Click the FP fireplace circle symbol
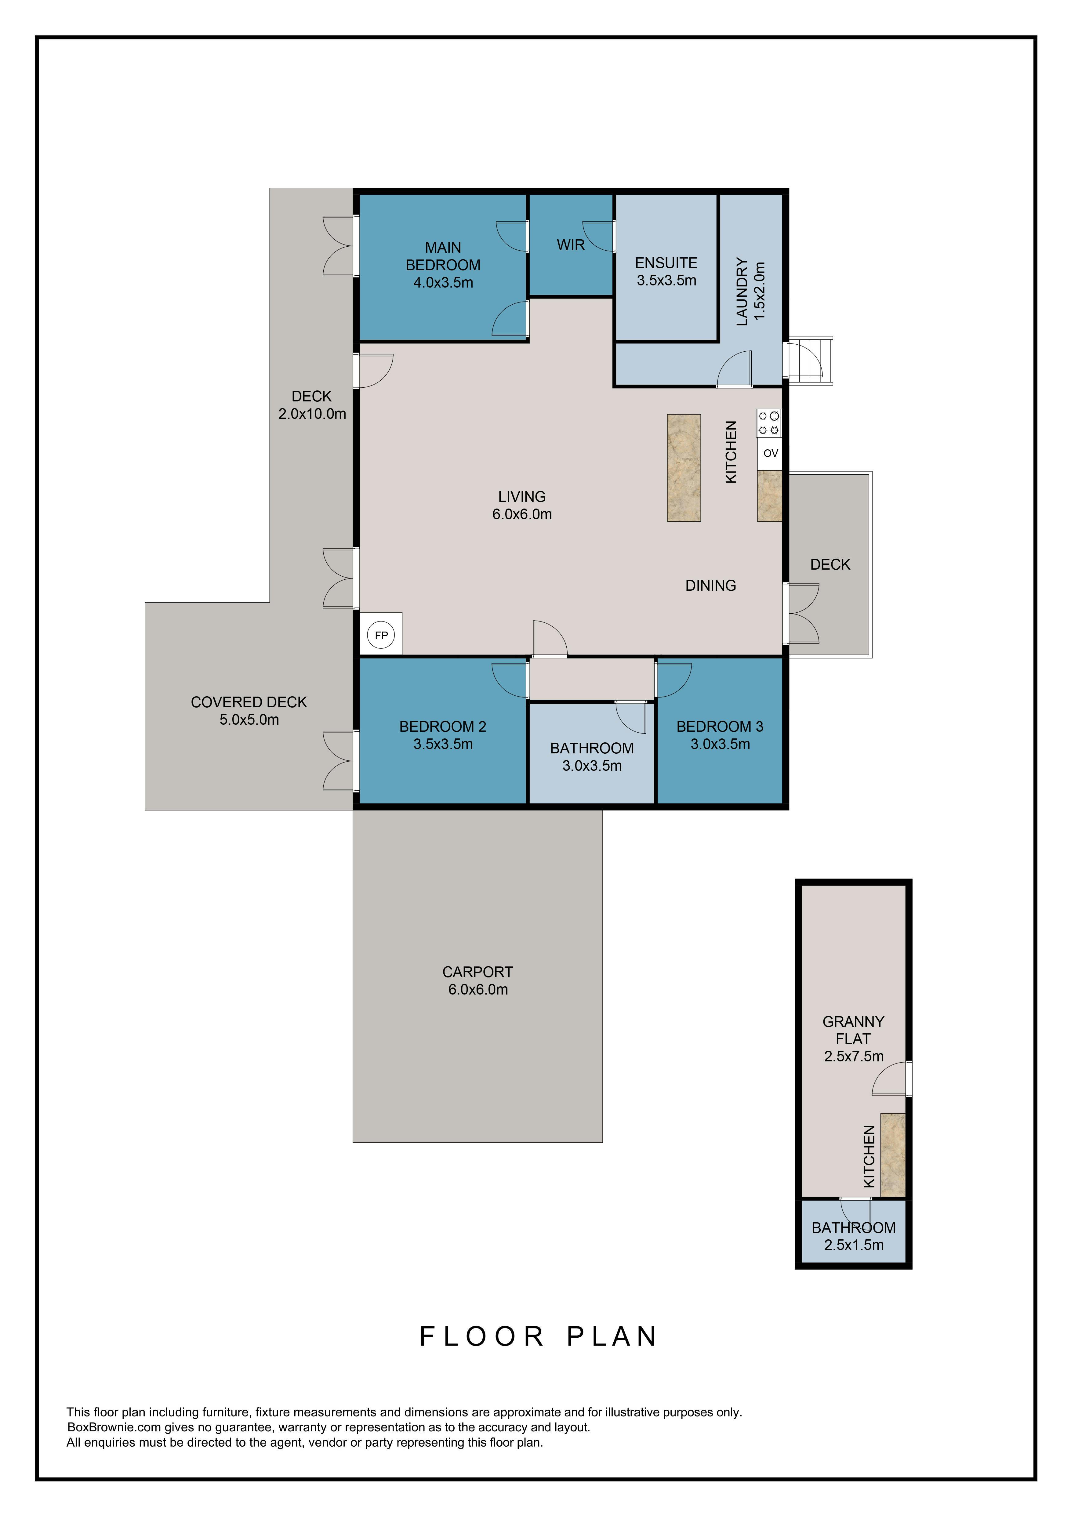click(x=381, y=636)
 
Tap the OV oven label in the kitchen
click(x=770, y=453)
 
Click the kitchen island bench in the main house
click(x=684, y=468)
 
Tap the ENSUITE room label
click(x=666, y=263)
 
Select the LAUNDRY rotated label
click(x=742, y=291)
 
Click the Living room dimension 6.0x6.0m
click(x=522, y=514)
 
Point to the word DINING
click(x=711, y=585)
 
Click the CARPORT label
click(x=478, y=972)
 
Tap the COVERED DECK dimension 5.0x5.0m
click(x=249, y=720)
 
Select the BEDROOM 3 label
click(x=720, y=727)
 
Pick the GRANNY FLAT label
click(x=853, y=1030)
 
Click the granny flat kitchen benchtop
click(x=893, y=1155)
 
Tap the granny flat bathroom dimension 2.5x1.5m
click(x=854, y=1245)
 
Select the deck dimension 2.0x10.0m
click(x=312, y=414)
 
